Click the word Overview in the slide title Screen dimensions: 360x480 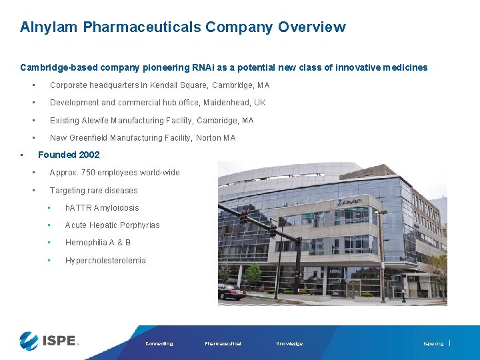[312, 27]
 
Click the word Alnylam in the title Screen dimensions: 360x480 [49, 27]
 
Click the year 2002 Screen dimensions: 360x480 [89, 155]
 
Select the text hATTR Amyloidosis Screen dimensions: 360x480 [102, 208]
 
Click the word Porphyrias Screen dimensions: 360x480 [137, 225]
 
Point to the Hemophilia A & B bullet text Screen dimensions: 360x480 [98, 243]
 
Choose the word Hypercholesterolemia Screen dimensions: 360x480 [105, 261]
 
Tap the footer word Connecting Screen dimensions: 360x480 [159, 344]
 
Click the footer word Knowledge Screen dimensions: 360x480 [289, 344]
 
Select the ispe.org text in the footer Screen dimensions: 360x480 [433, 344]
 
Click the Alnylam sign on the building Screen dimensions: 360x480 [350, 201]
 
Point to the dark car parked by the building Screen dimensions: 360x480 [232, 291]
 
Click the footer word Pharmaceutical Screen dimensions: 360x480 [223, 344]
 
